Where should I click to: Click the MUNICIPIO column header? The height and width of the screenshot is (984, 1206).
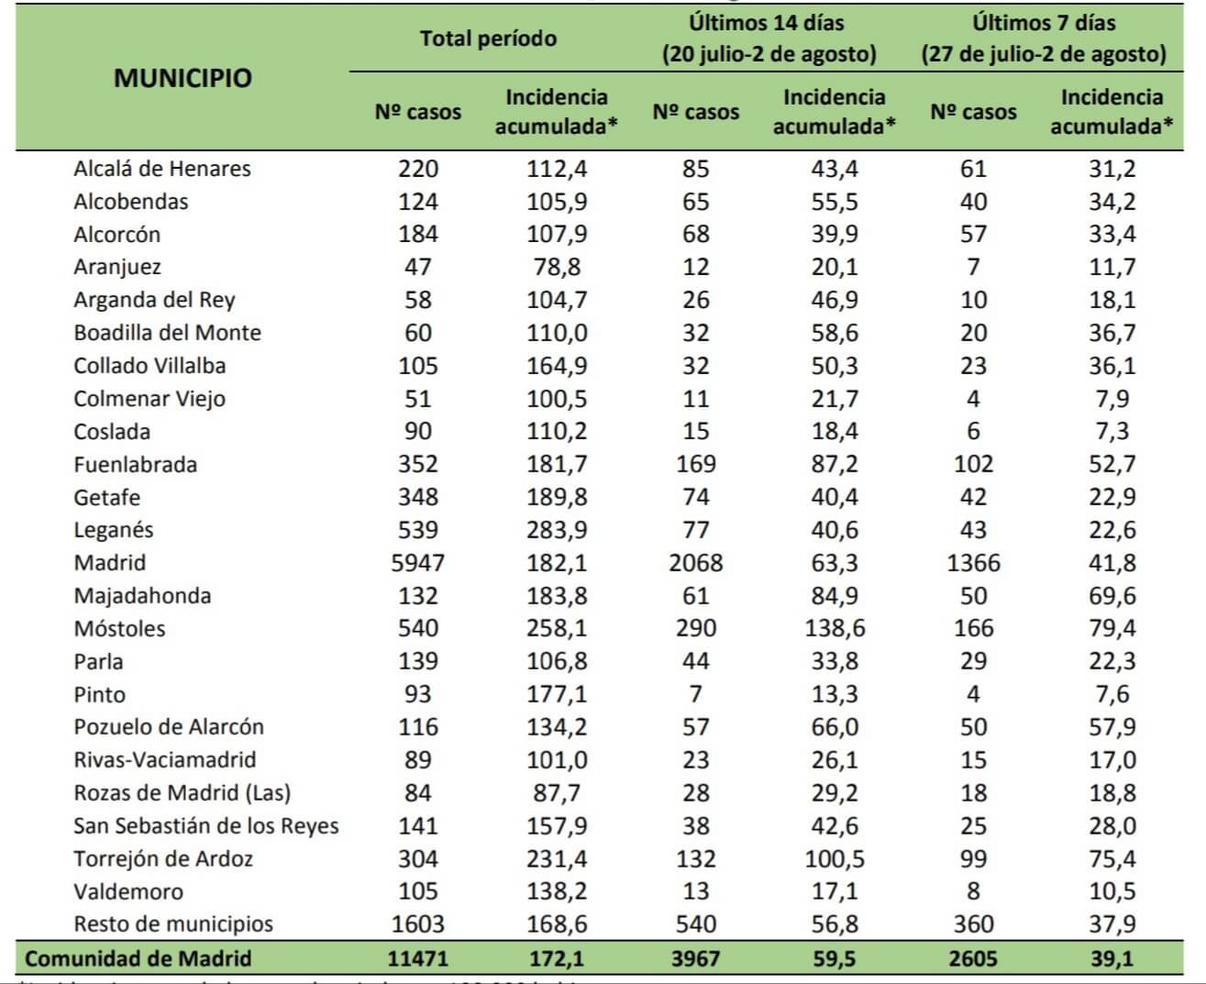point(183,78)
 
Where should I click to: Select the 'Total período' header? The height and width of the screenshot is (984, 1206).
point(488,39)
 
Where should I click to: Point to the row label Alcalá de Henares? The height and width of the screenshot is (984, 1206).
point(162,169)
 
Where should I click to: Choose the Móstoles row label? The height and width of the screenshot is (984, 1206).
point(120,629)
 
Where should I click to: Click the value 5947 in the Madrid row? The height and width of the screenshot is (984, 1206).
point(417,563)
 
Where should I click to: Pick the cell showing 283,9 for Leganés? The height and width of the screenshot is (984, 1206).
point(557,530)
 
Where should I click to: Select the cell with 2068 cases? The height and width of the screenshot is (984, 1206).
point(695,563)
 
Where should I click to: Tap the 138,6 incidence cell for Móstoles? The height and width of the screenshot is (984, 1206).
point(834,629)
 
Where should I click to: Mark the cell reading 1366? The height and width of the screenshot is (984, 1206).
point(973,563)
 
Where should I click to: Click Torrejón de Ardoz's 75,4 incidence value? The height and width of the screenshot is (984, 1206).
point(1112,859)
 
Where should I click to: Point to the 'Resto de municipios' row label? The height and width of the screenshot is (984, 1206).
point(173,924)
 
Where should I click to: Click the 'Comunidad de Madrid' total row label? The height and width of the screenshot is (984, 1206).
point(138,959)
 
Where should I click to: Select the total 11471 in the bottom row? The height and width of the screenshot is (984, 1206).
point(417,959)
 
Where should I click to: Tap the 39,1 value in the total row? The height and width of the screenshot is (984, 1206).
point(1112,959)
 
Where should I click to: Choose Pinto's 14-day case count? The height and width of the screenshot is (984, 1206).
point(695,694)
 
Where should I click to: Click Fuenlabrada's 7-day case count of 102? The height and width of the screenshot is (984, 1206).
point(973,464)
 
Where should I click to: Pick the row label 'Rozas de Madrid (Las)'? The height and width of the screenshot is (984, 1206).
point(182,793)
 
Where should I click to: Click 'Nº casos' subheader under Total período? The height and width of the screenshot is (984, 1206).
point(417,112)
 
